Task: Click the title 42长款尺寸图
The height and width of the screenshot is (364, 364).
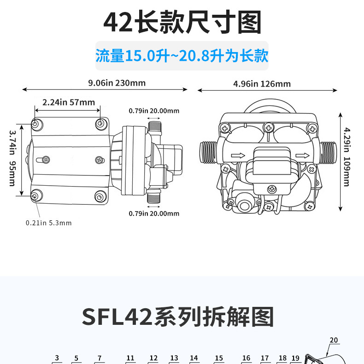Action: pyautogui.click(x=182, y=23)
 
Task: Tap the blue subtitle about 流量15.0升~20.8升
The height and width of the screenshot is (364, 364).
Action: pyautogui.click(x=182, y=56)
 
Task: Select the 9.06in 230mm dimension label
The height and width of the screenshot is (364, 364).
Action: pyautogui.click(x=117, y=83)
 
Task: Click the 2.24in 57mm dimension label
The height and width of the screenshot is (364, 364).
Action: pyautogui.click(x=68, y=102)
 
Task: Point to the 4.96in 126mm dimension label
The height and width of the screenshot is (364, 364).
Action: pyautogui.click(x=262, y=83)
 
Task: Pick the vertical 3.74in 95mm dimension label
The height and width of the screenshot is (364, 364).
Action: pyautogui.click(x=12, y=158)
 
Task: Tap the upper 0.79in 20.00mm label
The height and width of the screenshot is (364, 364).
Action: pyautogui.click(x=154, y=111)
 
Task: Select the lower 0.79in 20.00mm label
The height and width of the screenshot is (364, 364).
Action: pyautogui.click(x=154, y=213)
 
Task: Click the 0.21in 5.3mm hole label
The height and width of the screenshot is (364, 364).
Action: pyautogui.click(x=49, y=223)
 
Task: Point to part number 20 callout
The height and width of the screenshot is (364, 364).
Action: pyautogui.click(x=334, y=341)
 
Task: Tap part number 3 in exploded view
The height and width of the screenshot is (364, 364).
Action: pyautogui.click(x=57, y=358)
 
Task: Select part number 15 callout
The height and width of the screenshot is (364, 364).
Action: pyautogui.click(x=219, y=358)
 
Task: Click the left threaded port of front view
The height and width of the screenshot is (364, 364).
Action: pyautogui.click(x=207, y=152)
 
